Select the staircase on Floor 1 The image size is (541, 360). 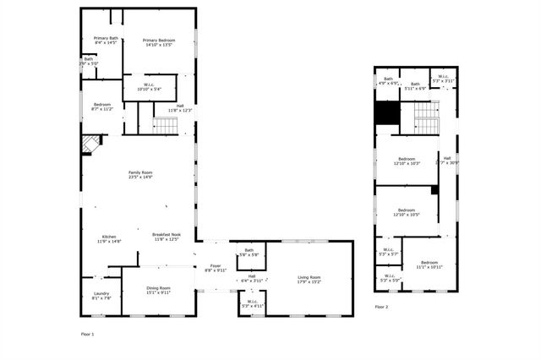[x=166, y=125]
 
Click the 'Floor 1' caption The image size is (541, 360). [x=87, y=335]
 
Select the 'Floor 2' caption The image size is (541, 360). [x=381, y=307]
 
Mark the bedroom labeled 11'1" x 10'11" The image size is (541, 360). [x=429, y=265]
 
